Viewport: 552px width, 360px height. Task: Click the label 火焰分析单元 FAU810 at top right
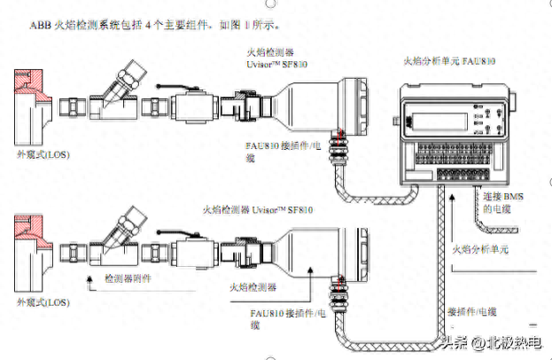tap(449, 61)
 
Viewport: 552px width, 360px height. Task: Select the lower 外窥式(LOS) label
tap(43, 304)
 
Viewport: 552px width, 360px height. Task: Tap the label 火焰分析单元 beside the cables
tap(480, 249)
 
